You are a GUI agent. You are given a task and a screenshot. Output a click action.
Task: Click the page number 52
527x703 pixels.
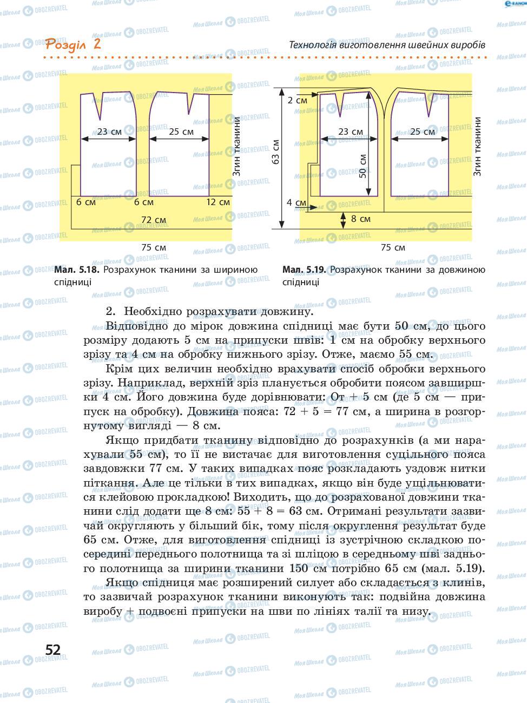tap(53, 649)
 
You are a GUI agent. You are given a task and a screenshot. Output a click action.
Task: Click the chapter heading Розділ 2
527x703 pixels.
tap(73, 44)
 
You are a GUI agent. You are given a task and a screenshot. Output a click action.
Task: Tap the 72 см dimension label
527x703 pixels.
tap(153, 220)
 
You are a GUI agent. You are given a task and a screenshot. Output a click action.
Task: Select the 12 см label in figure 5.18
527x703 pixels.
tap(218, 202)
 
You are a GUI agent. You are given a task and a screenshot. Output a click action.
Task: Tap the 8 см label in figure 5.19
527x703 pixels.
tap(360, 219)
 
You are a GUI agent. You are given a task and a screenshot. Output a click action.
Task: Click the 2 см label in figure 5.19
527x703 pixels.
tap(297, 100)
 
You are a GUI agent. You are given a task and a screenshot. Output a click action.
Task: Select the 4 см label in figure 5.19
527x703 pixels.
tap(296, 202)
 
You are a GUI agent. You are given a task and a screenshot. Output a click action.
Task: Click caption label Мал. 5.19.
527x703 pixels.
tap(305, 270)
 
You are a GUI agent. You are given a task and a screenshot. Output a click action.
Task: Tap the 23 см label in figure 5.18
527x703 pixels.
tap(109, 131)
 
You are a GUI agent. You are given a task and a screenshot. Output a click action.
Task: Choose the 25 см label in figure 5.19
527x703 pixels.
tap(422, 132)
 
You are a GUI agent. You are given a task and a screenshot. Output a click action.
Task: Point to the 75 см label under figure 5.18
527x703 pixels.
tap(154, 247)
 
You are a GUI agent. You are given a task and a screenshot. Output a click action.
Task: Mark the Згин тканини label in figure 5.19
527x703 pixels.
tap(477, 147)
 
